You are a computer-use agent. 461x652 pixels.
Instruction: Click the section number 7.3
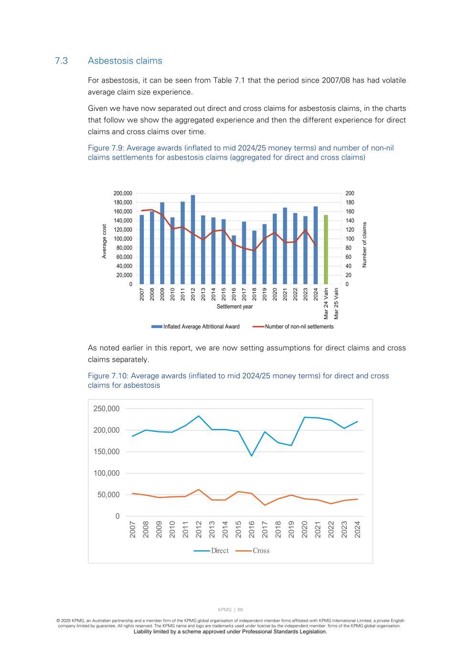(61, 61)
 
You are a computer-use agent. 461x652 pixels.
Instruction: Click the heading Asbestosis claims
(125, 61)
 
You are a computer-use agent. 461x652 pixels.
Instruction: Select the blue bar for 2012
(193, 239)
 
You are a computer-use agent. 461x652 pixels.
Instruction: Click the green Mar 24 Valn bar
(326, 249)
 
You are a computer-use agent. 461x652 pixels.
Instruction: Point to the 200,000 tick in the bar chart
(123, 193)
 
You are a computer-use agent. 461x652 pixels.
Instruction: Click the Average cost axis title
(104, 241)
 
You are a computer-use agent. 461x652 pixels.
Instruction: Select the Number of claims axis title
(365, 244)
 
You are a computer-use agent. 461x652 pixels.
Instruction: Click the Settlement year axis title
(235, 307)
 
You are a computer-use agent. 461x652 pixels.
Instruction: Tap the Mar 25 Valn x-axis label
(336, 303)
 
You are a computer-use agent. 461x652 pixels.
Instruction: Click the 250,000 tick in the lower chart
(106, 409)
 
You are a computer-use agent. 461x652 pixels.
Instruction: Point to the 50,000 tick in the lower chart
(108, 495)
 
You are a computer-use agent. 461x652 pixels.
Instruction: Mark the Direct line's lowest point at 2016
(251, 456)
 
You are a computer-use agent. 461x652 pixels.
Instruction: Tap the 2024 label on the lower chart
(357, 529)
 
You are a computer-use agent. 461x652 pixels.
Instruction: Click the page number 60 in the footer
(240, 609)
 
